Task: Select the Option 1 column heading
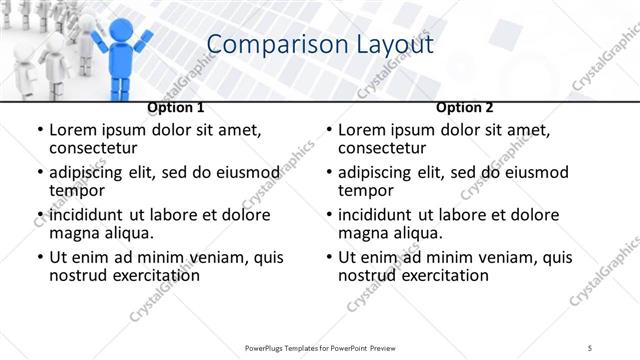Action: pos(176,107)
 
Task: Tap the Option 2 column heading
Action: pos(465,107)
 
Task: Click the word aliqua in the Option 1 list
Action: pos(128,232)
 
